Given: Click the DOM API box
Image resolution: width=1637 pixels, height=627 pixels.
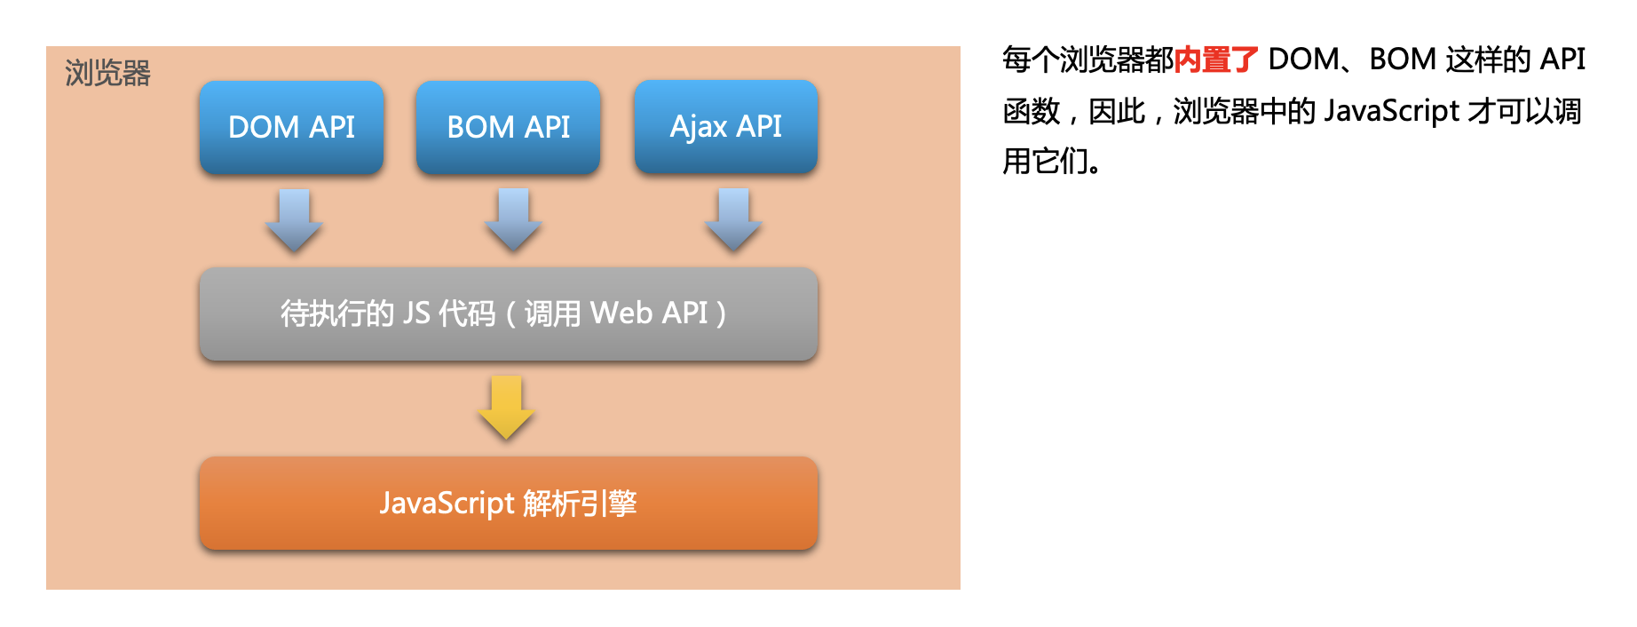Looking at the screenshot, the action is (291, 127).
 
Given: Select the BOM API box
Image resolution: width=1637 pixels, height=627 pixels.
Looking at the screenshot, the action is (508, 127).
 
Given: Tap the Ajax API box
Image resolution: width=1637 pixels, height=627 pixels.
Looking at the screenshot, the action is (726, 126).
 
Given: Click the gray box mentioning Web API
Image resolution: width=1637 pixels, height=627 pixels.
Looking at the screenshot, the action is (509, 313).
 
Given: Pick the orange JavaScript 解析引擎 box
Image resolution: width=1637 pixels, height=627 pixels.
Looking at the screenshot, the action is (509, 504).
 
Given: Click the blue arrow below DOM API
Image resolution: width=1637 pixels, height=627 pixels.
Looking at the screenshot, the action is (294, 219).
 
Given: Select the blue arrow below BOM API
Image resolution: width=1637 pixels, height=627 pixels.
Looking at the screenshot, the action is (513, 219).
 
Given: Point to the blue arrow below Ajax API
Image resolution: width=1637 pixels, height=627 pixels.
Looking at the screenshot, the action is (733, 219).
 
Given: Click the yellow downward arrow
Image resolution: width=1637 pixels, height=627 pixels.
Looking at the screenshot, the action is (506, 408).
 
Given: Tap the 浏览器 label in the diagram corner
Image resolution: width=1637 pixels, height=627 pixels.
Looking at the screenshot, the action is (107, 73).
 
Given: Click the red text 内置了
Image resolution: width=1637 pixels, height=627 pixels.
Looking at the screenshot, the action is (1216, 60).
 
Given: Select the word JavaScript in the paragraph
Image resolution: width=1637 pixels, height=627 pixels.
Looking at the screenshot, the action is (1391, 111).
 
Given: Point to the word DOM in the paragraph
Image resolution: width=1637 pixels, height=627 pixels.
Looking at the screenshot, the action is (1303, 60).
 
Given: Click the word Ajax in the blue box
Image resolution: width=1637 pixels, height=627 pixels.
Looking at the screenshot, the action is (699, 127).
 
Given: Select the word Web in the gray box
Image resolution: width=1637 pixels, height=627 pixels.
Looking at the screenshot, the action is (621, 313).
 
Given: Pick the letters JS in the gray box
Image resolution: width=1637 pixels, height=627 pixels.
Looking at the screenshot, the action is (416, 313).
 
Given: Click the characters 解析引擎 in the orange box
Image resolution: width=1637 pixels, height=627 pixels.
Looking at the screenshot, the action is (580, 504).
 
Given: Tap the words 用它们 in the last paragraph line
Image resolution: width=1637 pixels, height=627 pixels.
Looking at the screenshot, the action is (1046, 162).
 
